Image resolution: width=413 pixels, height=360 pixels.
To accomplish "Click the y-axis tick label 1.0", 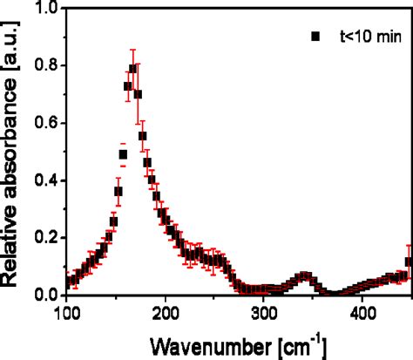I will point(47,8).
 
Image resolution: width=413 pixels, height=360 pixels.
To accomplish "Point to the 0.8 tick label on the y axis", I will point(47,65).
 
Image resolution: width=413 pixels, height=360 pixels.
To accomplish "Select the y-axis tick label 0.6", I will point(47,123).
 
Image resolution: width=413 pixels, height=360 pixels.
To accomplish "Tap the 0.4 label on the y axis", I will point(47,180).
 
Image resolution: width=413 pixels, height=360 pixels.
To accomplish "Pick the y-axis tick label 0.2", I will point(47,238).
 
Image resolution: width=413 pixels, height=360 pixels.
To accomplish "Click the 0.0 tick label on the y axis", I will point(47,295).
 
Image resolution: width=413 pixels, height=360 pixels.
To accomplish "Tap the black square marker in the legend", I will point(316,37).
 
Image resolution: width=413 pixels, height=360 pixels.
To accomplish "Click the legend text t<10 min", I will point(365,37).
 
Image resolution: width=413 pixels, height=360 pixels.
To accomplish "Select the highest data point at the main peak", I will point(133,69).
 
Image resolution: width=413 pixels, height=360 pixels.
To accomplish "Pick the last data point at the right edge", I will point(410,262).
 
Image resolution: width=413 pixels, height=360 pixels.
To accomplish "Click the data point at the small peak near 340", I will point(303,276).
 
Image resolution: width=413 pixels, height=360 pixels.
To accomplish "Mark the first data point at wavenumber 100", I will point(68,283).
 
